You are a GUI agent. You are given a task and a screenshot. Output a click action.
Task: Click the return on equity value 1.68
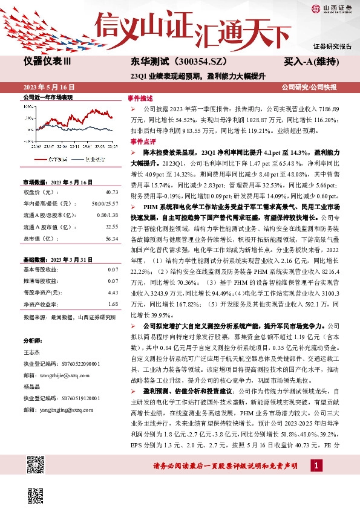coord(113,288)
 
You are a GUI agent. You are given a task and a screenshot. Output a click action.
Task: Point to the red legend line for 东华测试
coord(41,159)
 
